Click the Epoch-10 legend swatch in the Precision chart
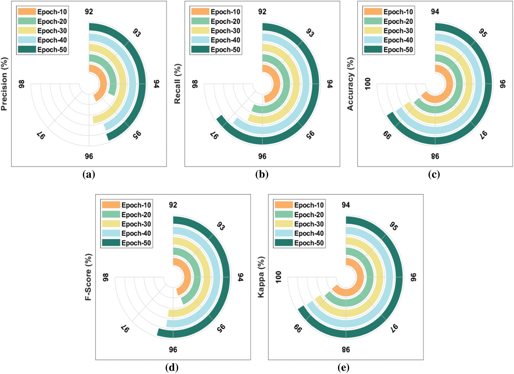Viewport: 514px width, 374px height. pos(27,12)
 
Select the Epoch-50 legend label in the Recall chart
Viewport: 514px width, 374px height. pos(225,50)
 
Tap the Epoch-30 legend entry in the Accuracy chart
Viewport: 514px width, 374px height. pos(398,31)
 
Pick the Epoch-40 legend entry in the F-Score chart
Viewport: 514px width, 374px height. pos(136,234)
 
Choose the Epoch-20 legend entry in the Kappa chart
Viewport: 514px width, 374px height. pos(309,215)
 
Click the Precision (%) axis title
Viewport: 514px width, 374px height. pos(4,84)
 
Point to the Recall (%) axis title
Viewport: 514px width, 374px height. pos(177,84)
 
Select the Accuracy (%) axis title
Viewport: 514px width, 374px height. pos(350,84)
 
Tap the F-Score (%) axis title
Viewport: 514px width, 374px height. pos(88,277)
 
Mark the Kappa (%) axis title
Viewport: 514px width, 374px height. pos(261,277)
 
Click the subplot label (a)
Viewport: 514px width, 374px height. pos(89,174)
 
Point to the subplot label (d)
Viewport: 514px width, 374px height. pos(172,368)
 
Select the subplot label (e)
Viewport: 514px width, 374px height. pos(344,368)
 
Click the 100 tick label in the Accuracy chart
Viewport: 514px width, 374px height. pos(368,84)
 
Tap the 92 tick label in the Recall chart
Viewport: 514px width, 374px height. pos(262,12)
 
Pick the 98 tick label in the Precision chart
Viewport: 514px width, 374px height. pos(22,84)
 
